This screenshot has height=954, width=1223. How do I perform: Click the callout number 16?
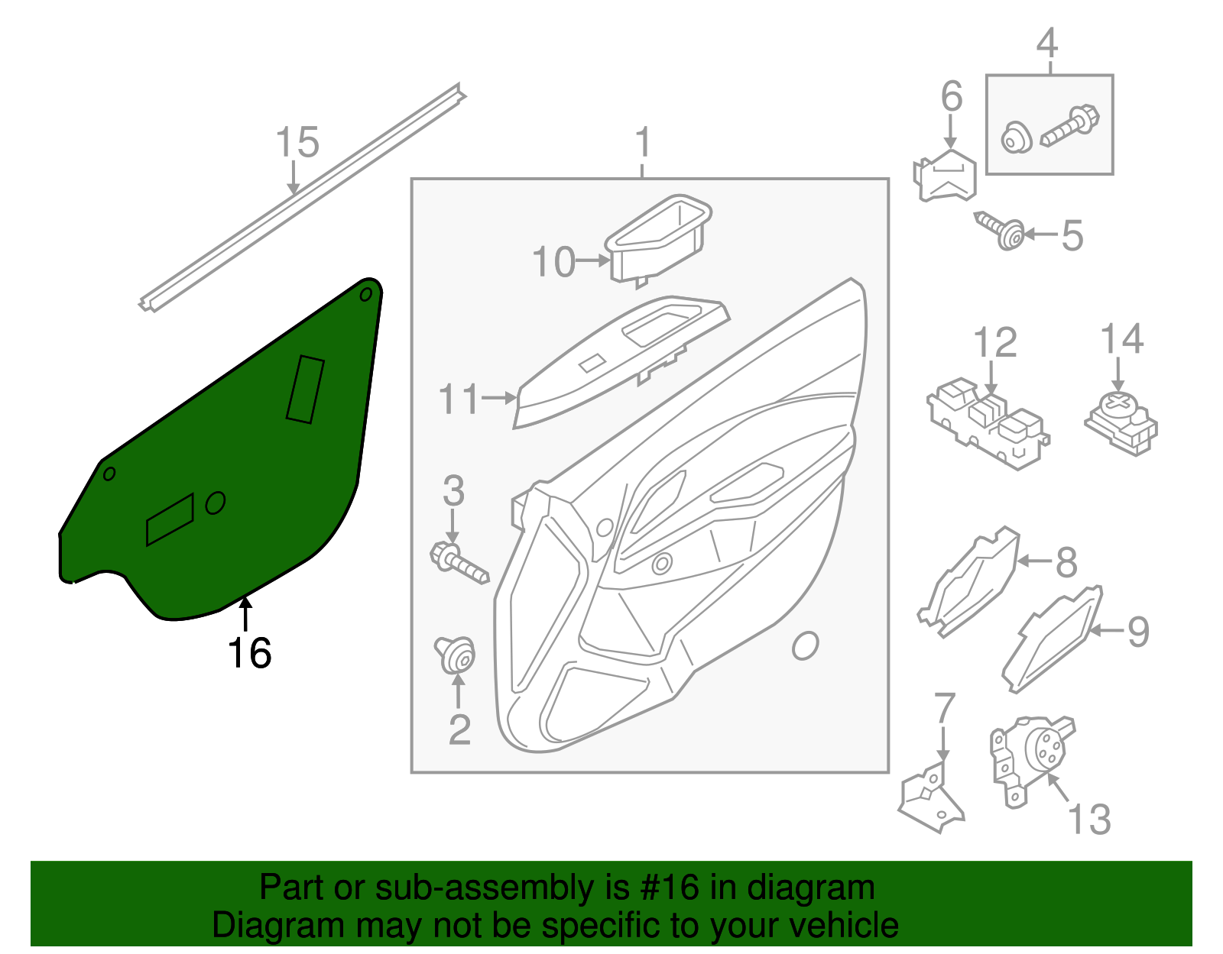click(249, 654)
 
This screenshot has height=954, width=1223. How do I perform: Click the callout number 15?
click(297, 143)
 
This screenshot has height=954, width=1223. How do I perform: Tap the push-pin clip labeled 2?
click(456, 655)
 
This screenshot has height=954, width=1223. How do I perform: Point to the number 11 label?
click(459, 399)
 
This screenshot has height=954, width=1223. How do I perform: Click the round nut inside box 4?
click(1017, 140)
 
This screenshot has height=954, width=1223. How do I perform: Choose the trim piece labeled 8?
click(969, 582)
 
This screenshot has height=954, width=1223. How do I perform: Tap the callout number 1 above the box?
click(643, 143)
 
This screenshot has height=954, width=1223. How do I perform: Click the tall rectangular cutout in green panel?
click(305, 389)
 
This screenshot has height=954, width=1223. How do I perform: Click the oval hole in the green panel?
click(216, 503)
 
